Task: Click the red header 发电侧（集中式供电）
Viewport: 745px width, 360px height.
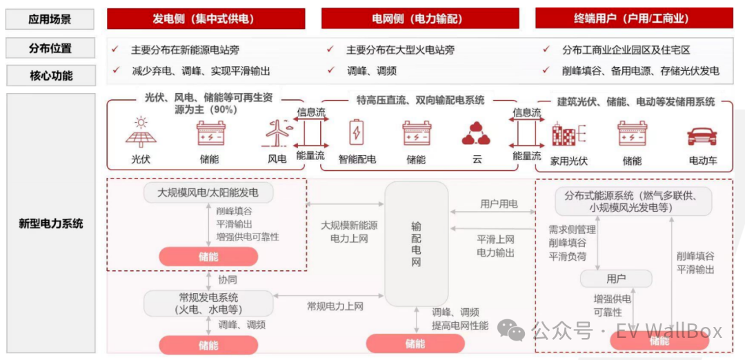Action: (x=206, y=19)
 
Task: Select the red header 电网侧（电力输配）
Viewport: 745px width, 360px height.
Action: (x=420, y=19)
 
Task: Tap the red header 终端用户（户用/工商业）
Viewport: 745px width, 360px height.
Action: (x=635, y=19)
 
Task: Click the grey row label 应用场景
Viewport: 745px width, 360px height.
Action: (x=50, y=19)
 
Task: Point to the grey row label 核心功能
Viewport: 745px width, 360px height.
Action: (x=50, y=75)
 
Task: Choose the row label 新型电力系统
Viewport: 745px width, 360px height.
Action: (x=50, y=223)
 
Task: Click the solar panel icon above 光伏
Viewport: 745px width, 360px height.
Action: (x=141, y=132)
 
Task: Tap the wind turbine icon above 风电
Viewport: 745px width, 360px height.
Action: (x=276, y=133)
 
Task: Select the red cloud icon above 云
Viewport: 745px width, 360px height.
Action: (x=476, y=133)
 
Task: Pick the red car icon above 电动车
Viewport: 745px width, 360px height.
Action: (x=702, y=135)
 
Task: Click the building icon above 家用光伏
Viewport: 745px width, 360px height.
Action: (x=568, y=133)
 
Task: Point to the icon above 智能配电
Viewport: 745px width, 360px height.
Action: (x=357, y=132)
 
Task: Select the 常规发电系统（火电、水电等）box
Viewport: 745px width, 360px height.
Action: (x=208, y=303)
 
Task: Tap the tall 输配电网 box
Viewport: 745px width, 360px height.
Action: (x=416, y=244)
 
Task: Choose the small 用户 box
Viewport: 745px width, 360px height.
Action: (x=616, y=279)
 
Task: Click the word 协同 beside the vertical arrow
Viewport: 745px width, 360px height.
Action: (x=227, y=280)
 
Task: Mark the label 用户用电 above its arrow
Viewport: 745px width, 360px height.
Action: (x=499, y=204)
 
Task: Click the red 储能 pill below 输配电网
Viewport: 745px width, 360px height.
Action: (x=415, y=343)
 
